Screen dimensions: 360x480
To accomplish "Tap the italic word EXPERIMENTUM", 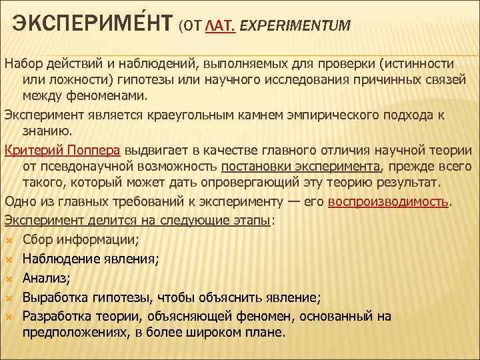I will pos(294,26).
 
